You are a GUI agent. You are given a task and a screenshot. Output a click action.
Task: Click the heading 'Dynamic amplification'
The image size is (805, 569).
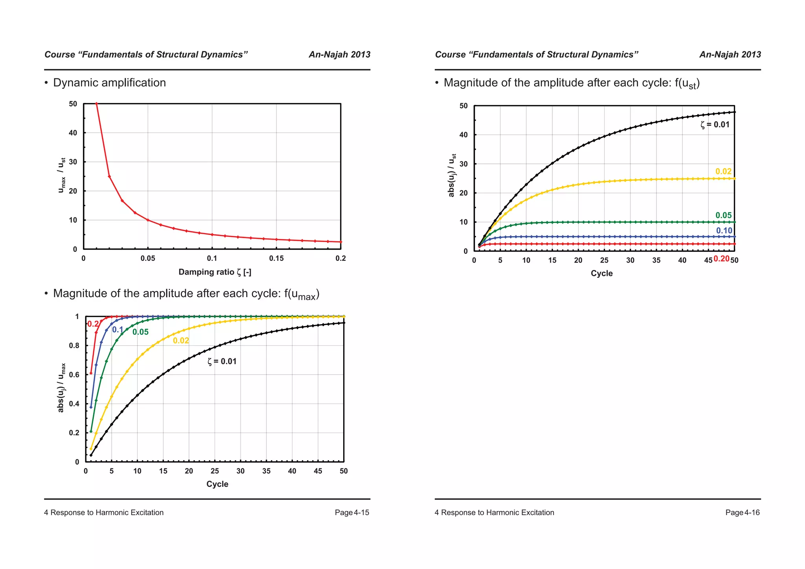(x=109, y=83)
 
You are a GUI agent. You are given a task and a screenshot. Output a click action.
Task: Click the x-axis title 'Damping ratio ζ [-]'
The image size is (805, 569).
(x=215, y=272)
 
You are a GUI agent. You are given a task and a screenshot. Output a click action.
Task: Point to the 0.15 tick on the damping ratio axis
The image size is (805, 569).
(x=276, y=259)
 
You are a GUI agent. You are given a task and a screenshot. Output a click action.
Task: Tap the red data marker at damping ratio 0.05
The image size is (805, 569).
(x=148, y=220)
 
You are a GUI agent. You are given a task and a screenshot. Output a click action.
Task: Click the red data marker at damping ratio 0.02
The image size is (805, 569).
(x=109, y=176)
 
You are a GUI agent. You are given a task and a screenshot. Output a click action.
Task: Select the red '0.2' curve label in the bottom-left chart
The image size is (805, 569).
(x=93, y=324)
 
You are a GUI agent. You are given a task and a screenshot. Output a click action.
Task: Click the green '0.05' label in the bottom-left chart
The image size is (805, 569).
(x=140, y=332)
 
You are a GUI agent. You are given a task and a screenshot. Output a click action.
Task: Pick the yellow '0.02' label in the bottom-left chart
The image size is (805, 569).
(x=181, y=341)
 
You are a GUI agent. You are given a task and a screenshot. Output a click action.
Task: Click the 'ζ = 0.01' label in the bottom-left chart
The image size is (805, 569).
(x=222, y=362)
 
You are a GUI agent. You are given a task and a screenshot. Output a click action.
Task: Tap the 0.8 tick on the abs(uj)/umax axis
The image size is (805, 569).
(x=74, y=346)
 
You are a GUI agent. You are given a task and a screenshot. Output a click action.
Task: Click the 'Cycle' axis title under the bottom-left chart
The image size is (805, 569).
(x=217, y=484)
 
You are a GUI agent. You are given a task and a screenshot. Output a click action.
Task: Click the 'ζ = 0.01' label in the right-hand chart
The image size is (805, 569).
(x=715, y=125)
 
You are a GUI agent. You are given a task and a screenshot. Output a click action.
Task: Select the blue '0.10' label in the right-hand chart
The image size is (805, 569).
(x=724, y=231)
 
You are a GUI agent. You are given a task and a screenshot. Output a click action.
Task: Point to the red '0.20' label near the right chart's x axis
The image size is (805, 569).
(x=721, y=259)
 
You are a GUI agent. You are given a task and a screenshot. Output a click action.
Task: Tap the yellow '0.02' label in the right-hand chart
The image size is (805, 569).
(x=723, y=171)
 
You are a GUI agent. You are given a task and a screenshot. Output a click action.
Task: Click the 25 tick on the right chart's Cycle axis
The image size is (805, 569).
(x=604, y=261)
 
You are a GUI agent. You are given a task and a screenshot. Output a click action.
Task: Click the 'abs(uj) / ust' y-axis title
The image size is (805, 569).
(x=452, y=175)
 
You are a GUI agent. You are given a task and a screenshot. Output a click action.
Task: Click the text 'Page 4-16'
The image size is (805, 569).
(x=742, y=512)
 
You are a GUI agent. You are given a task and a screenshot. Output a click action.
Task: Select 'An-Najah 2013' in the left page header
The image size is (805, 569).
(x=339, y=55)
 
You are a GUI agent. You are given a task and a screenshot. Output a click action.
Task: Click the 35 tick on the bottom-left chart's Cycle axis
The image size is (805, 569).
(x=266, y=471)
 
